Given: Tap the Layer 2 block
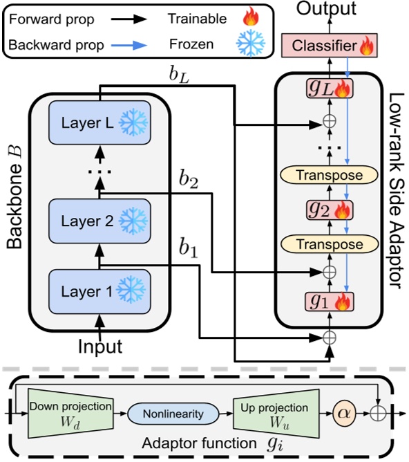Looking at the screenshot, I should coord(99,221).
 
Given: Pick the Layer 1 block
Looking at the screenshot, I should coord(99,292).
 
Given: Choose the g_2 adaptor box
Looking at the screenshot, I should coord(330,210).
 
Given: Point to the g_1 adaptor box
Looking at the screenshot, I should coord(330,301).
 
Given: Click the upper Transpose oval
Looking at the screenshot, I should coord(330,175).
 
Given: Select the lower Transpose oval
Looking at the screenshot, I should coord(330,244).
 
